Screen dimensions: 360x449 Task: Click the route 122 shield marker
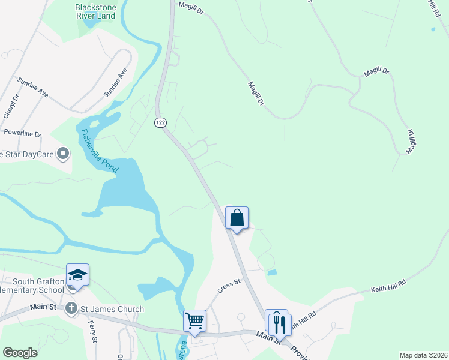[160, 122]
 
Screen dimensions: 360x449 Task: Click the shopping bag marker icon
[237, 217]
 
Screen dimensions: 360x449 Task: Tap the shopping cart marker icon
[195, 320]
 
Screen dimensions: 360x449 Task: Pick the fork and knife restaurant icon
[280, 325]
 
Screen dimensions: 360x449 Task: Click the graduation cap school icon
[78, 275]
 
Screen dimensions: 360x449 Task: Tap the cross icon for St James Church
[71, 309]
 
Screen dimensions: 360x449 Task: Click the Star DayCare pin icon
[62, 154]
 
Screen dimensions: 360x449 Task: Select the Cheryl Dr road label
[10, 106]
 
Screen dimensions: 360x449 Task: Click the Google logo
[20, 353]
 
